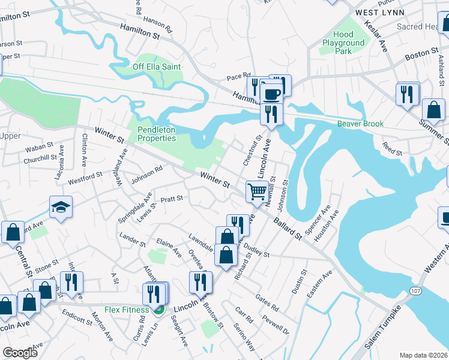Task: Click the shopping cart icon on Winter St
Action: [x=257, y=192]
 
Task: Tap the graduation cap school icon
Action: [x=61, y=207]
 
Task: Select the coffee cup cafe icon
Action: [x=271, y=94]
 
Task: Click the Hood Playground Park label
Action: [x=343, y=43]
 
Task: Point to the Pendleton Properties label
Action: [x=157, y=134]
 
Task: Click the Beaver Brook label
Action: [x=360, y=124]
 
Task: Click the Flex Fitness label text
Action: [x=127, y=310]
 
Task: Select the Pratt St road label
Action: [x=171, y=197]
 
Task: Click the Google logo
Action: [x=20, y=352]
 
